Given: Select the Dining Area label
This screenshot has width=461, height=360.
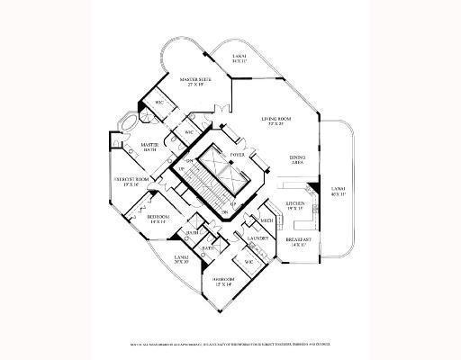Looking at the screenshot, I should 298,160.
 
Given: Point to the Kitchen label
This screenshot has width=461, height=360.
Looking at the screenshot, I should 298,207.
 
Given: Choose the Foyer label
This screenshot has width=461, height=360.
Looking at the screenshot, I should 238,156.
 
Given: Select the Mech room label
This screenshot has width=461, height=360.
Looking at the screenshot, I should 267,220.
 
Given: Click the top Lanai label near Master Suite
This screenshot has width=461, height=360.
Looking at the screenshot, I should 239,58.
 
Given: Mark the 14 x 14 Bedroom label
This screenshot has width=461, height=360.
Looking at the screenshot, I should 159,219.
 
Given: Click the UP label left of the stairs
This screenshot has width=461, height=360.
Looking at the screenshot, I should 181,170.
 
